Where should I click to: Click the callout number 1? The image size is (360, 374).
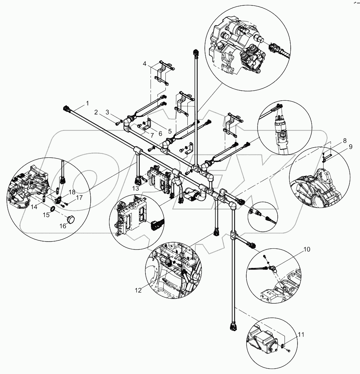87,104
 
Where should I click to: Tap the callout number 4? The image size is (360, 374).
144,64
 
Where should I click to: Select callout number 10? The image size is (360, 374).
307,249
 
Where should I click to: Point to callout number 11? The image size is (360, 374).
301,335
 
